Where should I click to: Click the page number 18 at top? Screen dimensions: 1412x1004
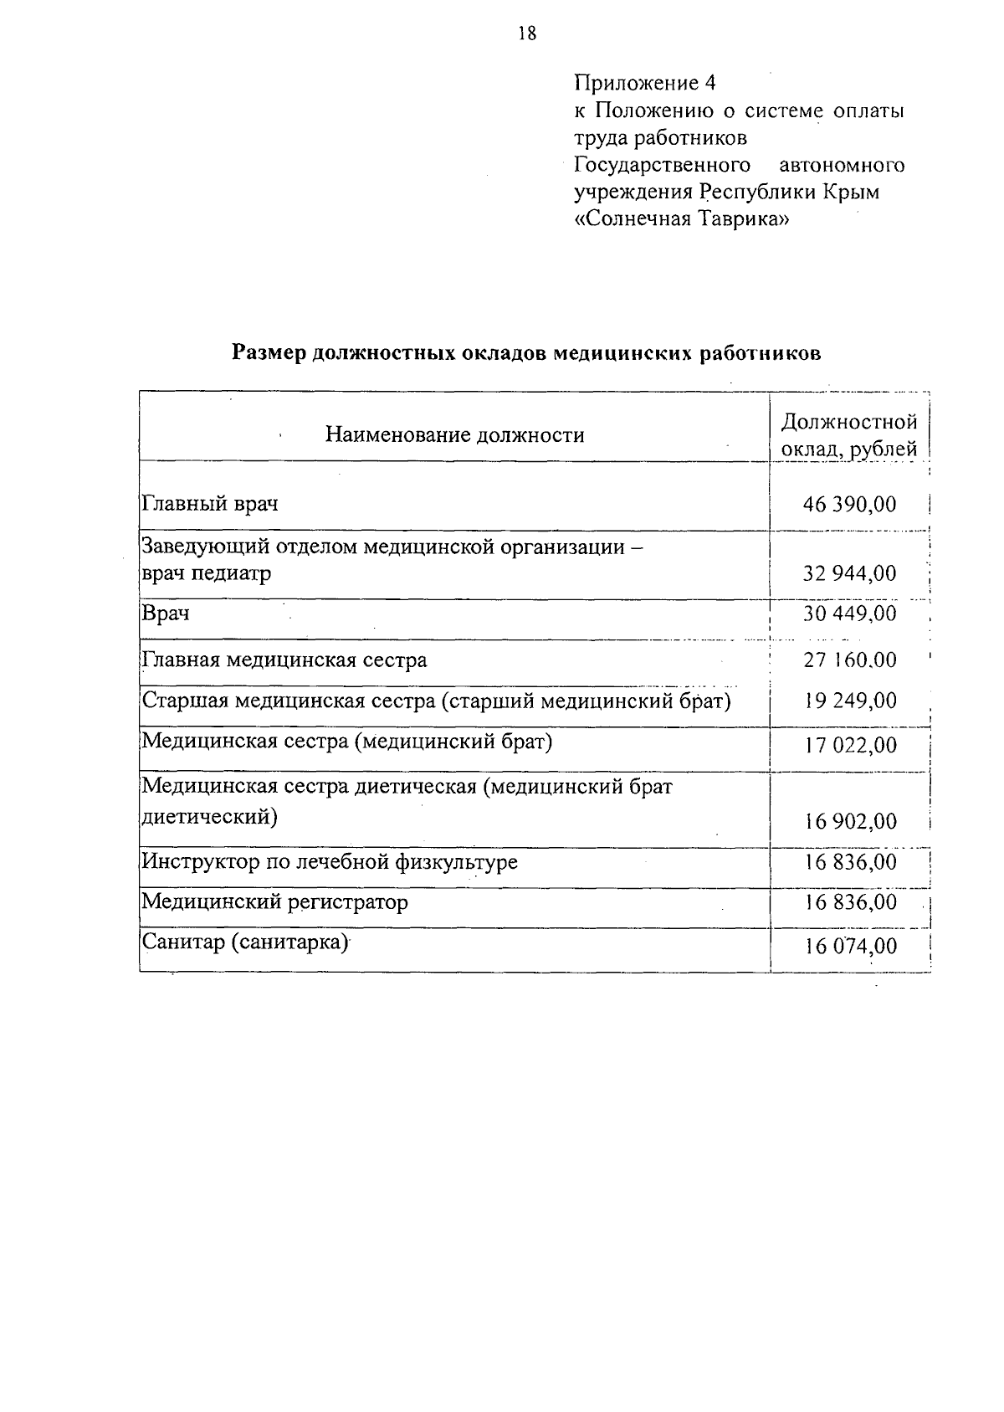(526, 33)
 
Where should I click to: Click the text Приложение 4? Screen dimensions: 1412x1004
(644, 83)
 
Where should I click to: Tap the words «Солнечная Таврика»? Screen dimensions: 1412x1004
(680, 219)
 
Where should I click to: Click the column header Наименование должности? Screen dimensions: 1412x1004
(454, 435)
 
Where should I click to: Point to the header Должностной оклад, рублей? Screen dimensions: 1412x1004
(848, 435)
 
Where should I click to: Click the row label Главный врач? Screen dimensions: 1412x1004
(210, 504)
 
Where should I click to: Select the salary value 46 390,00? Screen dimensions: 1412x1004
(849, 504)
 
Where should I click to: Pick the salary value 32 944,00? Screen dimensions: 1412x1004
(849, 574)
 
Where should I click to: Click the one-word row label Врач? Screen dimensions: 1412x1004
(166, 614)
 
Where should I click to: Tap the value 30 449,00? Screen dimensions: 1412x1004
(849, 614)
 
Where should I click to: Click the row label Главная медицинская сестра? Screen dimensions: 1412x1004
(284, 660)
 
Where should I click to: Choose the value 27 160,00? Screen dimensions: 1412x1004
(849, 660)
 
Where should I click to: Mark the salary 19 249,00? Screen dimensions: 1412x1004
(849, 701)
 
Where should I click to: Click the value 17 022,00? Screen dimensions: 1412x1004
(849, 745)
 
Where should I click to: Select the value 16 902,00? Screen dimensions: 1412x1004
(849, 821)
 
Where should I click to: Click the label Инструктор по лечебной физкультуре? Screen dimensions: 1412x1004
(330, 862)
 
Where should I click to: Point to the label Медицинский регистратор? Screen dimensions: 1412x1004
(275, 902)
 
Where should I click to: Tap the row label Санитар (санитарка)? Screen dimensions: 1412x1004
(244, 942)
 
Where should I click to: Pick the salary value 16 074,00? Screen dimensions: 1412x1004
(849, 947)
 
